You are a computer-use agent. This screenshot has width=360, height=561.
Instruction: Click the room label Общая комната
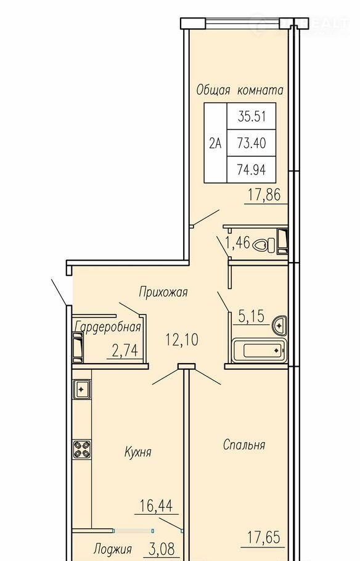[239, 90]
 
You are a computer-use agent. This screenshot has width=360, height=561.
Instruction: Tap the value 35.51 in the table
[252, 117]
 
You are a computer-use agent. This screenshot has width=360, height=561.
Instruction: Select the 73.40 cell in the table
[252, 143]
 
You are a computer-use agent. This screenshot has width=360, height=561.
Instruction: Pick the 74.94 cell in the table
[252, 170]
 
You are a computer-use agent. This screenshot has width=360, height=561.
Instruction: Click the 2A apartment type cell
[215, 143]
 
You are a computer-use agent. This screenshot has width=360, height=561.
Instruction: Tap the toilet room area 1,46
[237, 244]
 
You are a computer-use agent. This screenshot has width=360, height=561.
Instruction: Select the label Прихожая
[163, 292]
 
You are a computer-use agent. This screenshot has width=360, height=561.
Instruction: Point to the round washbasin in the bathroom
[279, 326]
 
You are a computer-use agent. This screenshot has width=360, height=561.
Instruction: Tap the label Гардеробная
[108, 327]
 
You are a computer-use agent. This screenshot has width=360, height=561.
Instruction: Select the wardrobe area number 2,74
[125, 351]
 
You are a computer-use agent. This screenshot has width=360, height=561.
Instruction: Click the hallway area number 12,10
[182, 339]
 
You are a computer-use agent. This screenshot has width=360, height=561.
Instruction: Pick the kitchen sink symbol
[81, 389]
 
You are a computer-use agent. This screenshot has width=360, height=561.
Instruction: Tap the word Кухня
[137, 452]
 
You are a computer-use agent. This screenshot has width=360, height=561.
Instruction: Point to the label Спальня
[244, 444]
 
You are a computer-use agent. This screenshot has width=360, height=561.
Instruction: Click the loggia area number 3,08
[160, 549]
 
